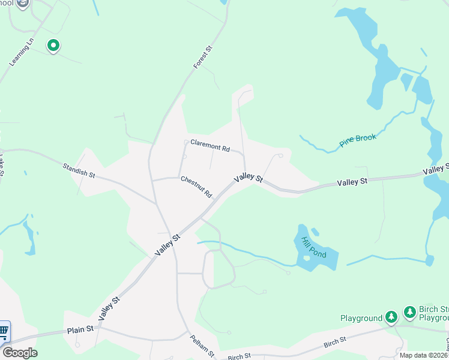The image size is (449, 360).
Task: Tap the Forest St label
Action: (x=204, y=57)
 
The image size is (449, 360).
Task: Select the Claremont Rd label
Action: (x=210, y=145)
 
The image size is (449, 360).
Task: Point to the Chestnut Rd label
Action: (x=196, y=187)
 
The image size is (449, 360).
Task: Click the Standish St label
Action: (x=79, y=170)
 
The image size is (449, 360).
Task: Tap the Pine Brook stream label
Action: (x=358, y=141)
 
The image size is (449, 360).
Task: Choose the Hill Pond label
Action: (x=313, y=247)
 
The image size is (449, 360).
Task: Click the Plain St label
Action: (x=80, y=329)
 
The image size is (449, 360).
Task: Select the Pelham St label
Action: (x=202, y=344)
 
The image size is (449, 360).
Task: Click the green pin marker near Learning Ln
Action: (x=53, y=45)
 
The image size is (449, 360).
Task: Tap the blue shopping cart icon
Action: (x=4, y=331)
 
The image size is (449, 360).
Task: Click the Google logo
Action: (x=20, y=353)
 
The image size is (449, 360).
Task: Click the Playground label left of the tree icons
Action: (x=361, y=318)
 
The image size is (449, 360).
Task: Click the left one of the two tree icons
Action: (x=391, y=316)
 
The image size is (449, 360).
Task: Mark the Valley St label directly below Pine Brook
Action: (x=352, y=181)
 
